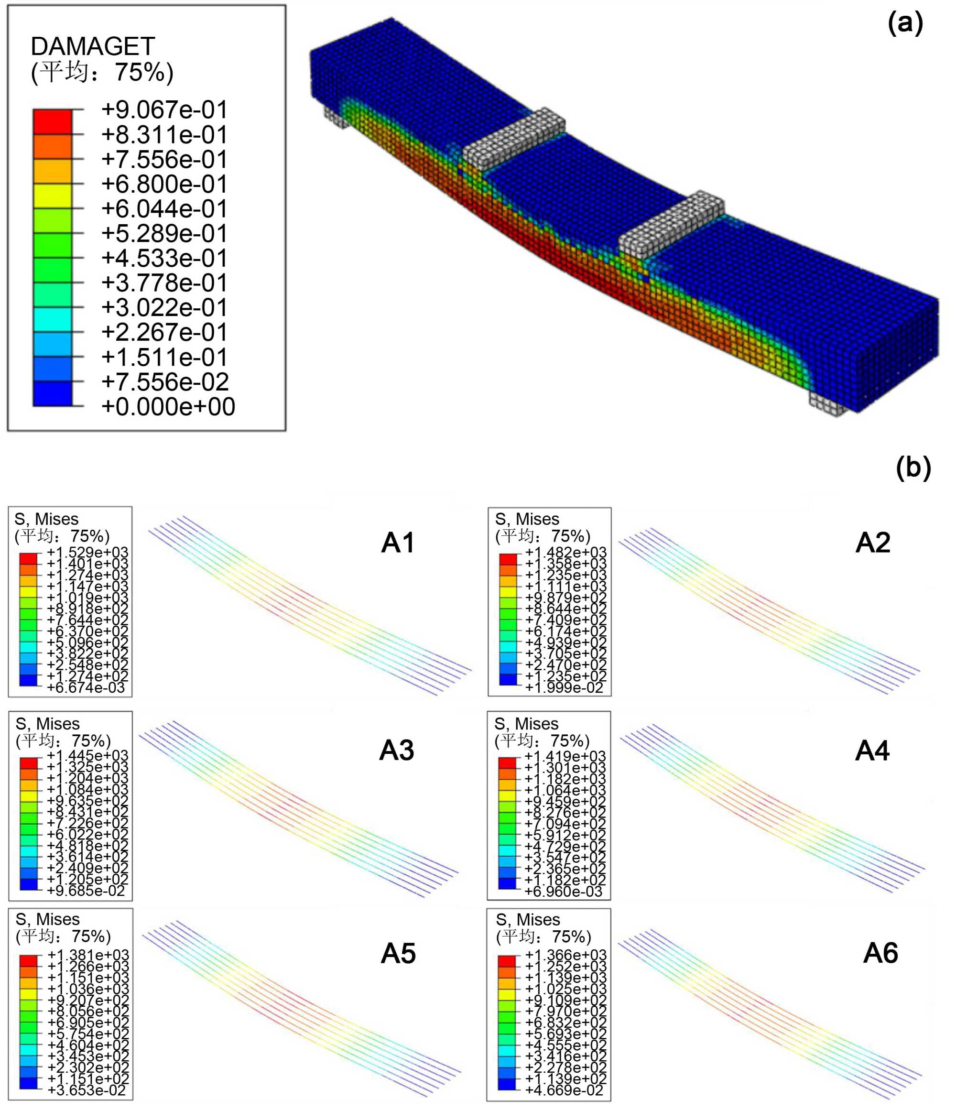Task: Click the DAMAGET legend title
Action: click(93, 46)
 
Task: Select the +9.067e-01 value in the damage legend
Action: click(164, 110)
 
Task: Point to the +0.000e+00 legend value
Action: click(168, 407)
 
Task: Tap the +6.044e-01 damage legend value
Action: click(164, 208)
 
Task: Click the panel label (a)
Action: click(905, 24)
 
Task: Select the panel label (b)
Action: click(913, 468)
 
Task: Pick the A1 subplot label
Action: click(398, 543)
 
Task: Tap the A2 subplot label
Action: click(873, 543)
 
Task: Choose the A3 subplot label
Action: click(397, 750)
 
